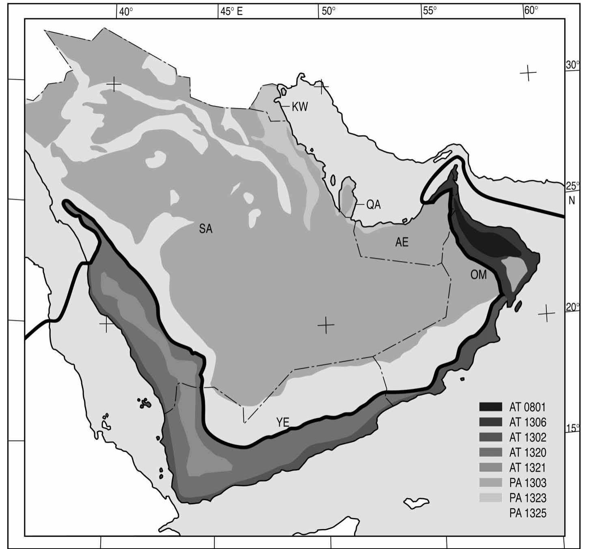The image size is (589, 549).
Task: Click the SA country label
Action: coord(206,229)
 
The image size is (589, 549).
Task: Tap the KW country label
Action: coord(300,107)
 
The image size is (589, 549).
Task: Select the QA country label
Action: coord(373,205)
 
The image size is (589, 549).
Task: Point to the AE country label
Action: coord(402,242)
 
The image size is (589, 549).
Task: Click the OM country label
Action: coord(478,275)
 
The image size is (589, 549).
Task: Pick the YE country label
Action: coord(283,422)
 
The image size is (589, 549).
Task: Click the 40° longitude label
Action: coord(126,11)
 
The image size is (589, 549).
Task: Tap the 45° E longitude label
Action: coord(231,11)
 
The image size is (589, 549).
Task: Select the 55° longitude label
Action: coord(429,11)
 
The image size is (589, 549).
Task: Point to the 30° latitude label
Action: coord(573,65)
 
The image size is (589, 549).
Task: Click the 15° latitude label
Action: coord(572,428)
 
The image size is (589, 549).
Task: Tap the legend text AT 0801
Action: coord(528,407)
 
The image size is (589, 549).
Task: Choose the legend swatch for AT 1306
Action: coord(491,422)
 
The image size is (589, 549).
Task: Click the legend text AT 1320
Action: coord(528,452)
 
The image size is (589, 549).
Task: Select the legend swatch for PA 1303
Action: coord(491,483)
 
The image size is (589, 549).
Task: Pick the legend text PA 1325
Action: coord(528,513)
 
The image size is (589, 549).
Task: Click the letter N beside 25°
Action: coord(572,200)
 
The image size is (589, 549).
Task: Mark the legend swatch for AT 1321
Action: coord(491,468)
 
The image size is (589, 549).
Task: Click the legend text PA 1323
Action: coord(528,498)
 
